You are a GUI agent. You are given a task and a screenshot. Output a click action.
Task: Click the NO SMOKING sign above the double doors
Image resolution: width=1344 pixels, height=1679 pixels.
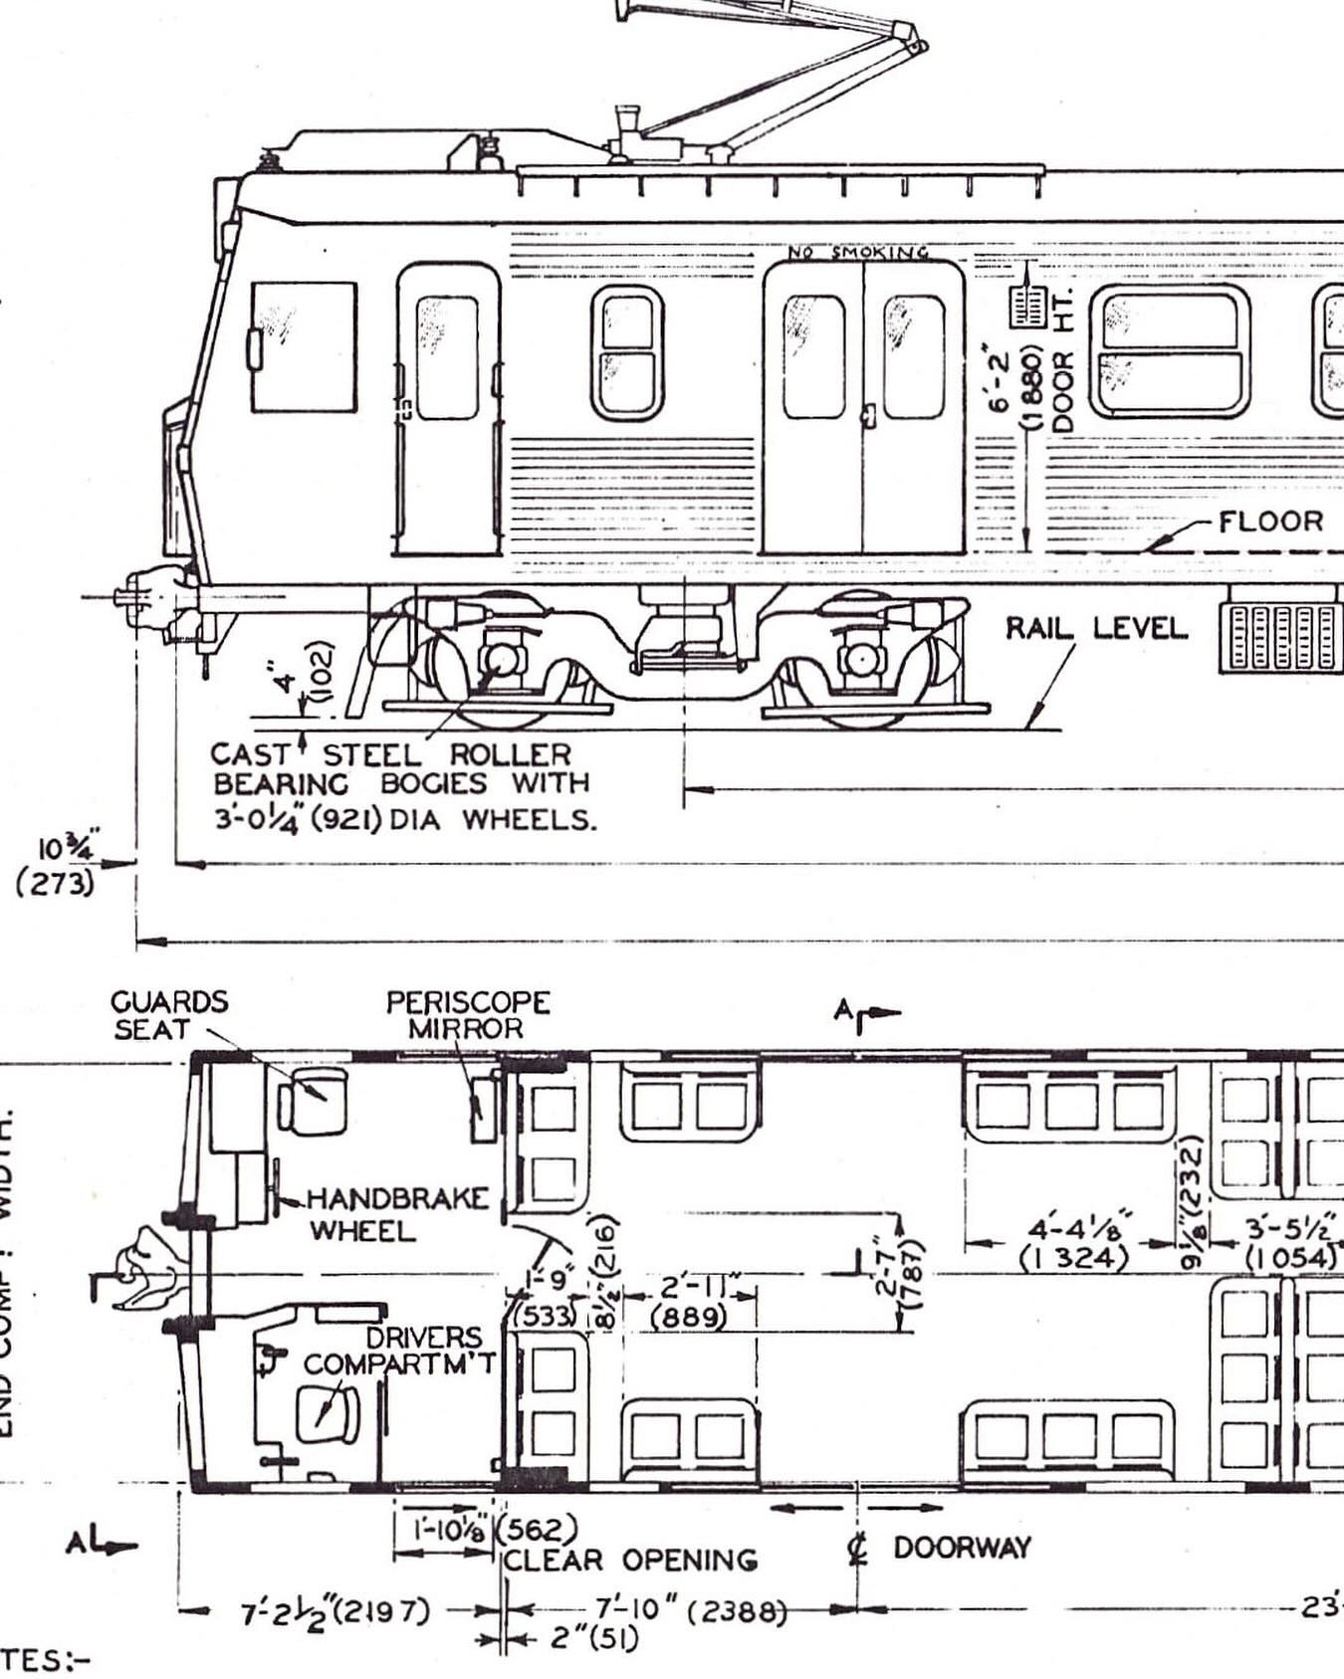coord(858,253)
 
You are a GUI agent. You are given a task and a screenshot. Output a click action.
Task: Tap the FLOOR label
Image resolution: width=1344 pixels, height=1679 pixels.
coord(1270,522)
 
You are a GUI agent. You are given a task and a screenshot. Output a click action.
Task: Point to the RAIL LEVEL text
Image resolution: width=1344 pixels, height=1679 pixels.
coord(1095,628)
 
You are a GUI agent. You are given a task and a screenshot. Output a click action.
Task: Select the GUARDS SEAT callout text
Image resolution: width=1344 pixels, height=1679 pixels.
coord(168,1015)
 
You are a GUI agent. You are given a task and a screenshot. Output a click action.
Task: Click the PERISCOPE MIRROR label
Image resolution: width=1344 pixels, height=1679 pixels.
coord(467,1015)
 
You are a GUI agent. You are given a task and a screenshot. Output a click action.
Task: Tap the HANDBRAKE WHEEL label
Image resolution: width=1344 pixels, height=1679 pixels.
coord(396,1214)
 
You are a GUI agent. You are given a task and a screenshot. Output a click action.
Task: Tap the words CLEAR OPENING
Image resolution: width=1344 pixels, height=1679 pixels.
coord(629,1560)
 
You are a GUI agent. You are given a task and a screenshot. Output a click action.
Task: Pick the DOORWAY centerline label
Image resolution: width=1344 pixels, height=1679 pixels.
coord(960,1548)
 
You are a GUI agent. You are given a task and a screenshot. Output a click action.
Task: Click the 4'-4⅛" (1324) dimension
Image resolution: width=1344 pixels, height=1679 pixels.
coord(1075,1242)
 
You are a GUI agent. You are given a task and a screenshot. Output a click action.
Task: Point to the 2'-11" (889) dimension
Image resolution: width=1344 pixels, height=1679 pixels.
coord(689,1303)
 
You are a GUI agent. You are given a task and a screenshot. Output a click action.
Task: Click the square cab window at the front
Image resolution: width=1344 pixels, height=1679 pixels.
coord(304,346)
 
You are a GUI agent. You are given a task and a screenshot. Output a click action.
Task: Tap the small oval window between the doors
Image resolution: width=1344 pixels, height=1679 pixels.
coord(627,352)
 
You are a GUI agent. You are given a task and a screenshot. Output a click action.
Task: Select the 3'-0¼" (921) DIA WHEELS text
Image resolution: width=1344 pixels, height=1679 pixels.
coord(403,819)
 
